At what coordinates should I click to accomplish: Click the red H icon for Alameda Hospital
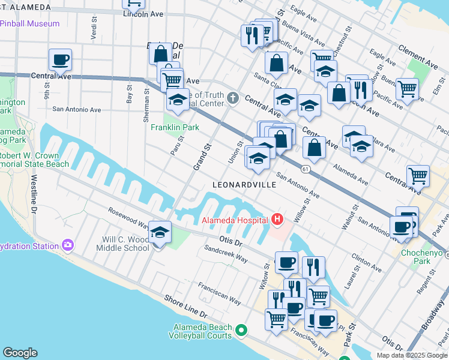[x=277, y=220]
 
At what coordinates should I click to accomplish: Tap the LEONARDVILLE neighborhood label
[x=244, y=185]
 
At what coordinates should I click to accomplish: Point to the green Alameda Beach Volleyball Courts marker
[x=241, y=330]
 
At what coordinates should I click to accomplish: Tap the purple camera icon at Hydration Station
[x=67, y=245]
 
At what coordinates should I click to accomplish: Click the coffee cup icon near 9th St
[x=60, y=60]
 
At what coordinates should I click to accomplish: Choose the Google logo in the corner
[x=20, y=353]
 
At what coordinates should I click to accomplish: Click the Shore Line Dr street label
[x=185, y=306]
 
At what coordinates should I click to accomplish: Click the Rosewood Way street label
[x=128, y=218]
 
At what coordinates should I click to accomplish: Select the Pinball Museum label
[x=30, y=23]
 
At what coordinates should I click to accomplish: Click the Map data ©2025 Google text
[x=411, y=355]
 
